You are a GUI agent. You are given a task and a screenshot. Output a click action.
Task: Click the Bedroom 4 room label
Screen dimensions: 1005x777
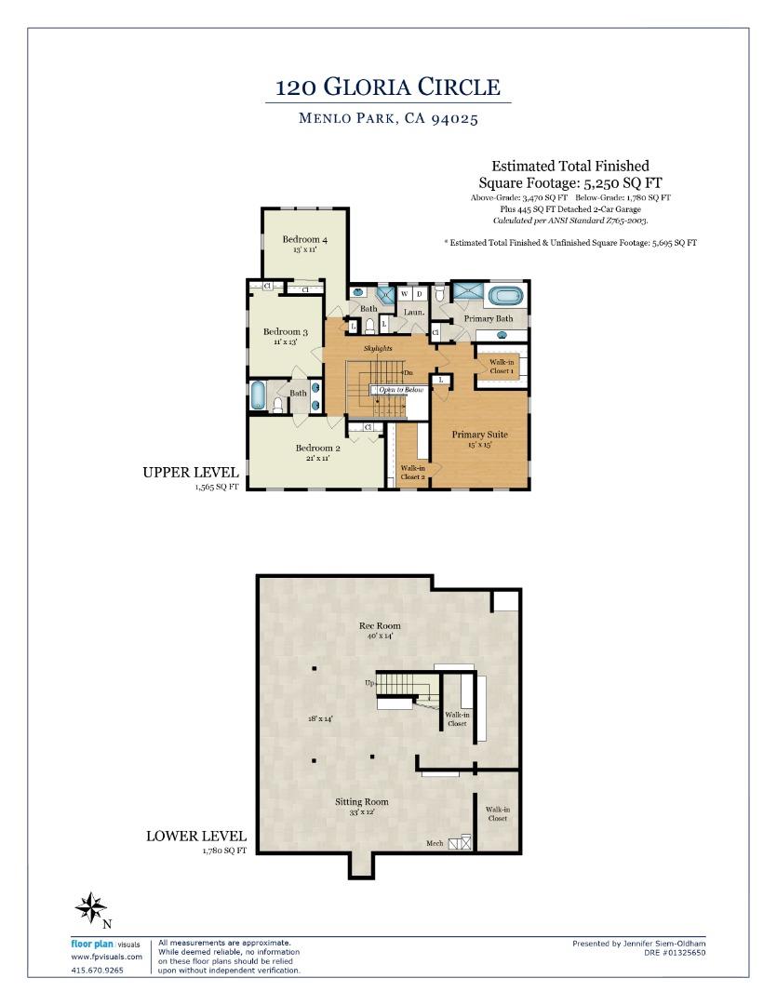[x=304, y=239]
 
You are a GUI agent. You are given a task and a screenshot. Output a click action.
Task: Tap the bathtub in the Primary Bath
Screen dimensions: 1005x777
[x=505, y=297]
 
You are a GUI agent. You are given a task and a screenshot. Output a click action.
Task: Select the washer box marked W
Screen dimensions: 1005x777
[x=405, y=294]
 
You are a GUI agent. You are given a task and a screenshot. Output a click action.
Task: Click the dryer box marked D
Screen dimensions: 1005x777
[x=420, y=294]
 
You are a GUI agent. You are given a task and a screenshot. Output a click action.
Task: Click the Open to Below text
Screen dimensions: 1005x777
[x=401, y=390]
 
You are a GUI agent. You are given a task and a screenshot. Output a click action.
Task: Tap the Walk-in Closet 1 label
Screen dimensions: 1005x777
[x=502, y=366]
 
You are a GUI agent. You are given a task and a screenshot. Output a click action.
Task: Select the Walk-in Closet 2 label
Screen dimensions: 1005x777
[x=412, y=473]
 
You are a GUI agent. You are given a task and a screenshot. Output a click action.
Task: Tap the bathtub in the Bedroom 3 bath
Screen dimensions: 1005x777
[x=259, y=395]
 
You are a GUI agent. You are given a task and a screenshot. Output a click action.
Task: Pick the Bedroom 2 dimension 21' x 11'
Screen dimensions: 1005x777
[x=317, y=458]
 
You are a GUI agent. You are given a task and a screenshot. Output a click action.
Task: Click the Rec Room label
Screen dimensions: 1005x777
[x=380, y=625]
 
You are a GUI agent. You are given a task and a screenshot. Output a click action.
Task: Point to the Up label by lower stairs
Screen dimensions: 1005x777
[x=369, y=683]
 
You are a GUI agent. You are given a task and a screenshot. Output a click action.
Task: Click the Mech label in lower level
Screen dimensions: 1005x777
[x=435, y=843]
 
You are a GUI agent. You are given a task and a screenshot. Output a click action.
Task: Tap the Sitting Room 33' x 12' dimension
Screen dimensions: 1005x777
[x=362, y=812]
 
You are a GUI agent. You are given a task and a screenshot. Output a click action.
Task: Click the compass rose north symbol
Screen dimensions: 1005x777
[x=91, y=908]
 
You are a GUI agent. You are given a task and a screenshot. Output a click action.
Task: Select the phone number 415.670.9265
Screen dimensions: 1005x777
[x=97, y=971]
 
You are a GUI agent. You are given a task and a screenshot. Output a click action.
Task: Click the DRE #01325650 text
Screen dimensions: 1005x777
[x=674, y=952]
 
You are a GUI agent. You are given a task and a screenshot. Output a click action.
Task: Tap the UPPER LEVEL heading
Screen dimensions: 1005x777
[x=190, y=473]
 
